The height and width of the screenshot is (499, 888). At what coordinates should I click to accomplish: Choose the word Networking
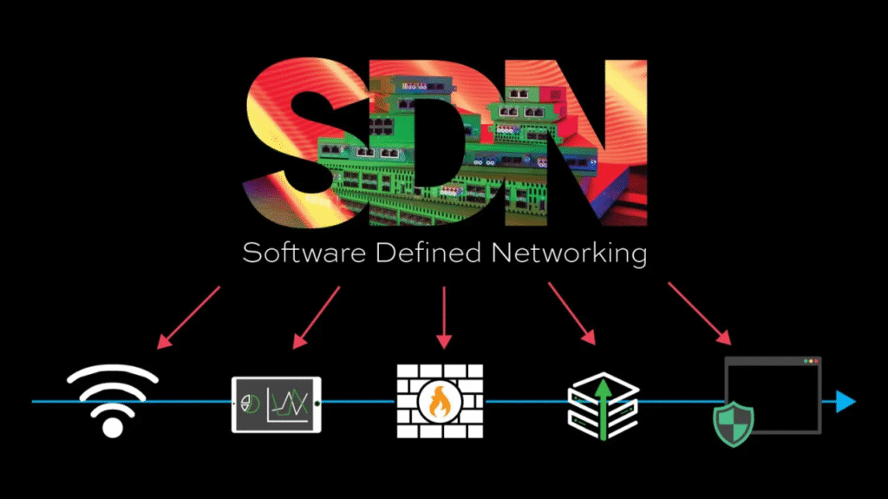(569, 253)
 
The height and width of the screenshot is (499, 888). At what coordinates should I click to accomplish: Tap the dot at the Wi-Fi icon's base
(113, 426)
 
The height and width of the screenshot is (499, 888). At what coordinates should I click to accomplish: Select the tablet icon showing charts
(277, 403)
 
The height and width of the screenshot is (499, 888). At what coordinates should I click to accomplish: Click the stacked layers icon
(603, 402)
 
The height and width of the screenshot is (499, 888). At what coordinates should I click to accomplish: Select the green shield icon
(733, 423)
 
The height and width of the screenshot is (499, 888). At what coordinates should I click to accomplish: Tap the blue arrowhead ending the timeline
(845, 402)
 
